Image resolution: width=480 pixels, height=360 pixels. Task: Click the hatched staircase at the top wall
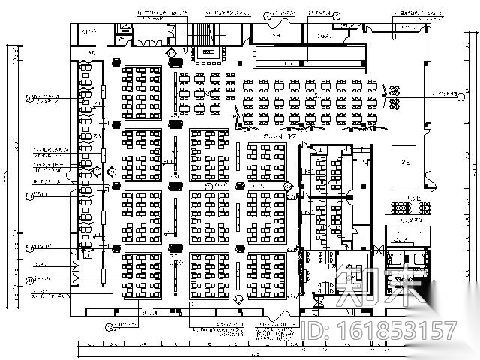(x=205, y=34)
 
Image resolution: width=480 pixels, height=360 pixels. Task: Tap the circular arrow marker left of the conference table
(x=173, y=53)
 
